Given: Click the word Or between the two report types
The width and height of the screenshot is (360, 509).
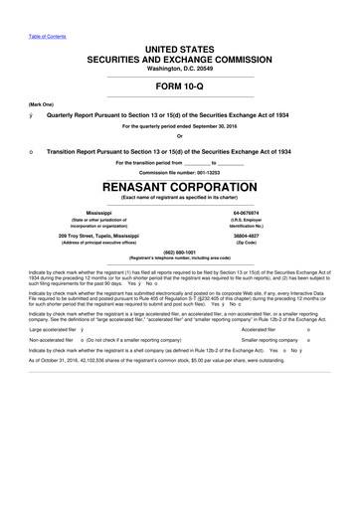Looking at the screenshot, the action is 180,137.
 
